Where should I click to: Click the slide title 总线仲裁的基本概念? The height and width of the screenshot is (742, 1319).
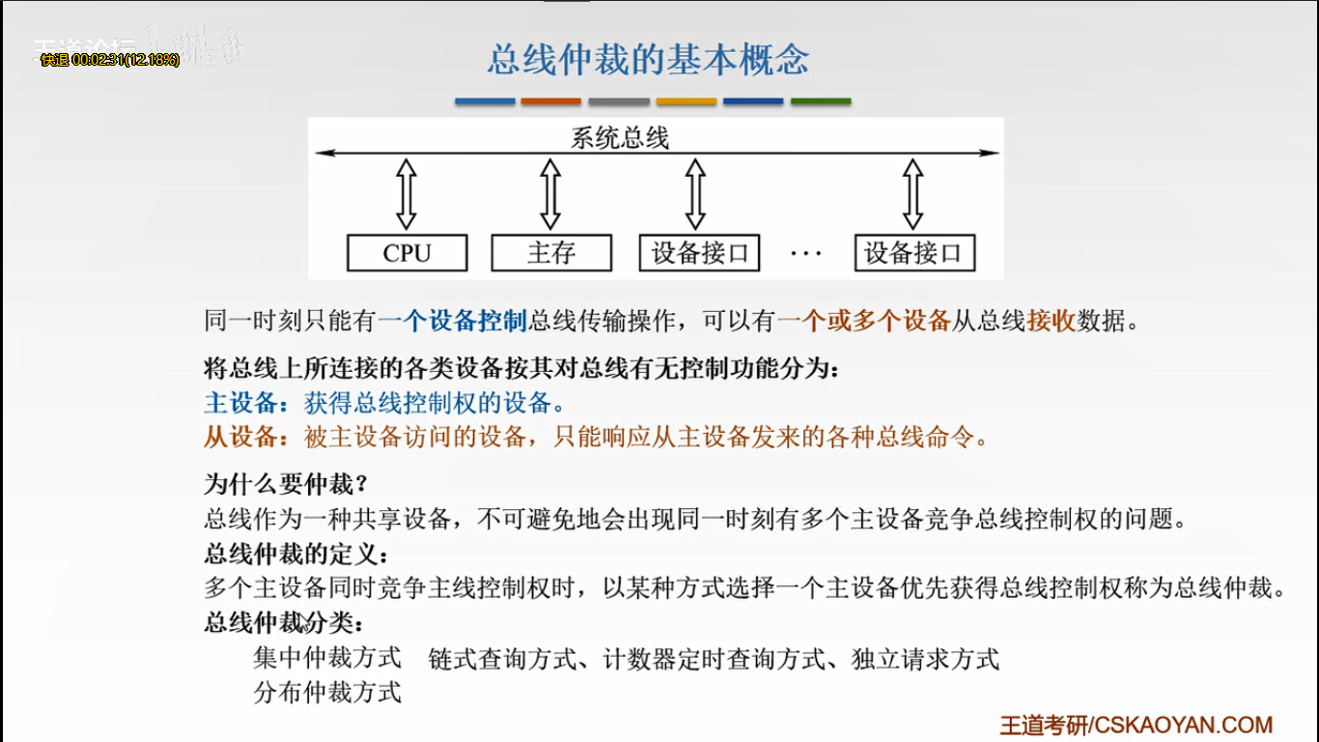pyautogui.click(x=648, y=60)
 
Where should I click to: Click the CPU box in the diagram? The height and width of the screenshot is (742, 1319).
pyautogui.click(x=407, y=253)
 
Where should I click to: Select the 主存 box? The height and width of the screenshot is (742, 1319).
pyautogui.click(x=551, y=253)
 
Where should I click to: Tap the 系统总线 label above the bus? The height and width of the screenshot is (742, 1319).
pyautogui.click(x=619, y=138)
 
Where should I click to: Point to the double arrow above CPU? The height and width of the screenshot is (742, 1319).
pyautogui.click(x=407, y=194)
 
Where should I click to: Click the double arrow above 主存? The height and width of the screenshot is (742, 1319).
pyautogui.click(x=550, y=194)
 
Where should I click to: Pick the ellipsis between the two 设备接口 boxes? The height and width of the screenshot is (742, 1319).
pyautogui.click(x=805, y=254)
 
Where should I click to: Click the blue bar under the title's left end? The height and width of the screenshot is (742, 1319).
pyautogui.click(x=485, y=101)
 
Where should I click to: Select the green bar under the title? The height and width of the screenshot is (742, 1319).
pyautogui.click(x=821, y=101)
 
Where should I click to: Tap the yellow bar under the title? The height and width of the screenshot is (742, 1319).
pyautogui.click(x=687, y=101)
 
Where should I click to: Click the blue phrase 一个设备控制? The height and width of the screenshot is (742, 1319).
pyautogui.click(x=452, y=321)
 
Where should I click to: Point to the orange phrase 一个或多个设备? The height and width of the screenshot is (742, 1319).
pyautogui.click(x=864, y=321)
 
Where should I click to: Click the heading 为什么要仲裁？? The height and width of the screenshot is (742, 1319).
pyautogui.click(x=286, y=483)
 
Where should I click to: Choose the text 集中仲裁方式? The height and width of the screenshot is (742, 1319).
pyautogui.click(x=326, y=659)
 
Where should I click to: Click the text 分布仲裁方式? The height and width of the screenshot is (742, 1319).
pyautogui.click(x=326, y=692)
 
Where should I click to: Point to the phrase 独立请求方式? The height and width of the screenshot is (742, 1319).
pyautogui.click(x=925, y=659)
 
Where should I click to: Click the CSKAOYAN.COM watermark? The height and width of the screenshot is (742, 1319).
pyautogui.click(x=1136, y=725)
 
